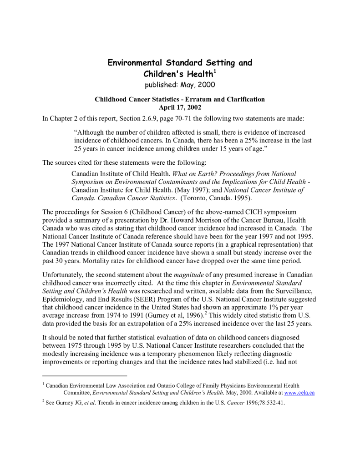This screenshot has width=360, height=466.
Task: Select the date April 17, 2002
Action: [x=180, y=107]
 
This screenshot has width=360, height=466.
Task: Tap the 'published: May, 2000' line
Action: [x=180, y=85]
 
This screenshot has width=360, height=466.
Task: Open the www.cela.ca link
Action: [x=299, y=392]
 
